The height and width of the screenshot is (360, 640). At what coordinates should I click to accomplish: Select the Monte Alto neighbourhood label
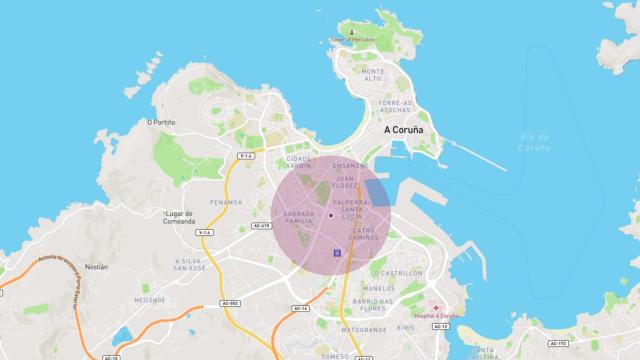pos(374,76)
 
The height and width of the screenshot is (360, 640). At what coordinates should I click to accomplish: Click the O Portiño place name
pos(161,122)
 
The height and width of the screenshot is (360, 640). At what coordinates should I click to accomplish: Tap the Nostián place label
pos(96,267)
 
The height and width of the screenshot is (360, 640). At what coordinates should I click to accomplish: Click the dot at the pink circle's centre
pos(331,214)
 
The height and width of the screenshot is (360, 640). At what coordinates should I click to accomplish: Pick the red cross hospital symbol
pos(435,307)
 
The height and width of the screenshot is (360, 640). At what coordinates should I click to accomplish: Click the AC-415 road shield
pos(263,226)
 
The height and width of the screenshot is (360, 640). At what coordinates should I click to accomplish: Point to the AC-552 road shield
pos(231,303)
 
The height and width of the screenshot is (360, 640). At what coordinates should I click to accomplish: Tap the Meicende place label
pos(151,298)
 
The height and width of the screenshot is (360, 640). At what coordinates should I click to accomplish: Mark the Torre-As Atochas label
pos(396,105)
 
